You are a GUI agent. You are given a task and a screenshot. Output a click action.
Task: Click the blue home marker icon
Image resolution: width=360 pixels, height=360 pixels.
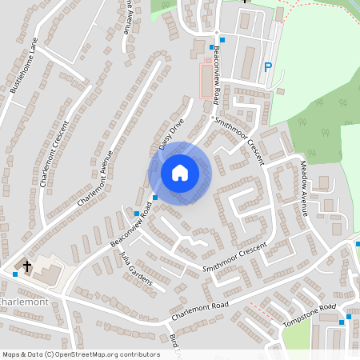point(180,173)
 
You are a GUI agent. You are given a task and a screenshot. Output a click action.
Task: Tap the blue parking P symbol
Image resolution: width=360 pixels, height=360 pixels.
point(269,68)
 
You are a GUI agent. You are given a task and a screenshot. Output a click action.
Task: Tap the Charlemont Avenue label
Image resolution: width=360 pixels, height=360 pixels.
point(95,178)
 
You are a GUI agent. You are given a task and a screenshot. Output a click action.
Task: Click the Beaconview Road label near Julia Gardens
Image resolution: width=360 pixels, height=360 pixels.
point(130,230)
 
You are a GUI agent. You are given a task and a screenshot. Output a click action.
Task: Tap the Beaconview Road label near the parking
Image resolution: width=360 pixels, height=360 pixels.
point(218,76)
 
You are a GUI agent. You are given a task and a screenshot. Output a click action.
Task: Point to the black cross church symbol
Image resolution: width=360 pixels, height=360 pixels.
point(27,266)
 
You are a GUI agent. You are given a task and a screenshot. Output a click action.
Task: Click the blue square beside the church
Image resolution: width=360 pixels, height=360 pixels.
point(15,274)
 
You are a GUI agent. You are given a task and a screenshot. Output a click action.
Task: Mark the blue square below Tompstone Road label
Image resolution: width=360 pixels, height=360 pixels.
point(342,322)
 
